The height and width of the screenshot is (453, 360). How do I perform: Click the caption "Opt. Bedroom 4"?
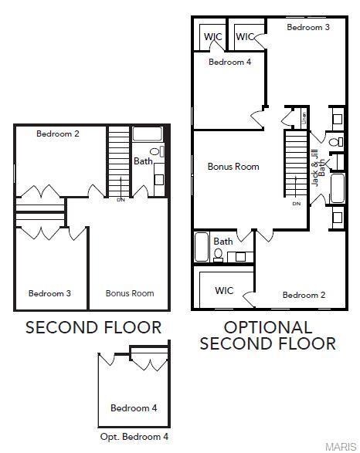pyautogui.click(x=134, y=437)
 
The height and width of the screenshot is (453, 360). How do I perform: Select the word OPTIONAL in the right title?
pyautogui.click(x=268, y=327)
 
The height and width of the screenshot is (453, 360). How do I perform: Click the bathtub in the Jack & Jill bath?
pyautogui.click(x=338, y=188)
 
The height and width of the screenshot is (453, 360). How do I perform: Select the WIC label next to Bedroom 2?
pyautogui.click(x=224, y=291)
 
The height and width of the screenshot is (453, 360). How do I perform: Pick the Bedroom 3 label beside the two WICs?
pyautogui.click(x=308, y=27)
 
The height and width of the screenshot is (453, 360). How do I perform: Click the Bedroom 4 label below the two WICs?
pyautogui.click(x=229, y=63)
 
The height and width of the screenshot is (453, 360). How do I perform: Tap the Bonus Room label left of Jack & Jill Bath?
pyautogui.click(x=233, y=167)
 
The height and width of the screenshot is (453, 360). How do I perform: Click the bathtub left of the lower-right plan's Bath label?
pyautogui.click(x=202, y=247)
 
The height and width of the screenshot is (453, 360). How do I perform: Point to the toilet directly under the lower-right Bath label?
pyautogui.click(x=219, y=253)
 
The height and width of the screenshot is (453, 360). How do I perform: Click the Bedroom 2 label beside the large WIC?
pyautogui.click(x=304, y=295)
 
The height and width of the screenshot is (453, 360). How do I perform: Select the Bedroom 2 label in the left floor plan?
pyautogui.click(x=58, y=134)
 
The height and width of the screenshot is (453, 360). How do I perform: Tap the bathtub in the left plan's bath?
pyautogui.click(x=147, y=133)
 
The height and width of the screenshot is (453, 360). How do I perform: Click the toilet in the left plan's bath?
pyautogui.click(x=155, y=152)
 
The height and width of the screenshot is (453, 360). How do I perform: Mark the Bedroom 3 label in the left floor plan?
pyautogui.click(x=49, y=293)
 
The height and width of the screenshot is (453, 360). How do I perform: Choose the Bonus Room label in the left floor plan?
pyautogui.click(x=130, y=293)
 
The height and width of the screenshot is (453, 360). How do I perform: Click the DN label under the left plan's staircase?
pyautogui.click(x=121, y=200)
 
